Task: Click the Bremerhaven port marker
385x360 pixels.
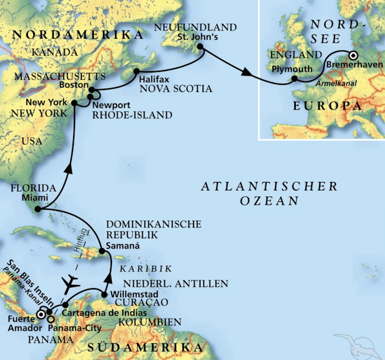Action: coord(353,55)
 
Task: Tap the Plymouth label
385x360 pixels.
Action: coord(287,68)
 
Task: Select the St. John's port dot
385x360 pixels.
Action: coord(203,52)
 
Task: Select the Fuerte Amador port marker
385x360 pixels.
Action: coord(40,314)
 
